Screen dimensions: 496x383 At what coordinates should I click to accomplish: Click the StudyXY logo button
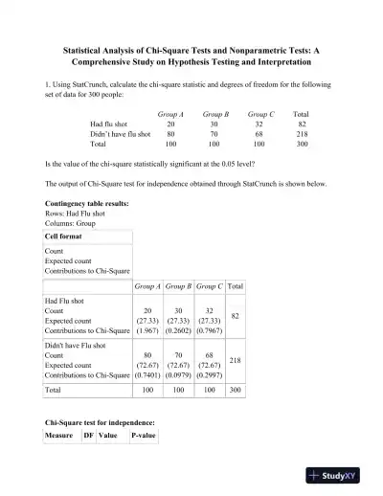339,474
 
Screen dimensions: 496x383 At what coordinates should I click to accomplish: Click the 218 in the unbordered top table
301,135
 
